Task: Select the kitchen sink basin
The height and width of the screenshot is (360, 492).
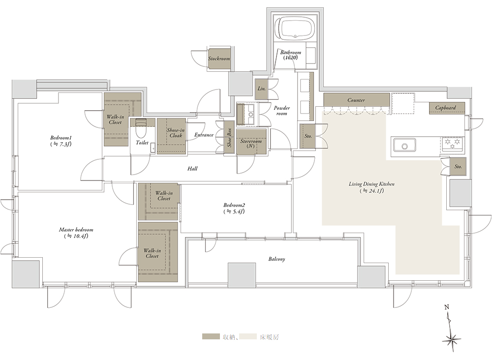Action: pos(404,146)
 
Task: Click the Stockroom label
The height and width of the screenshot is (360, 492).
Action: pos(219,59)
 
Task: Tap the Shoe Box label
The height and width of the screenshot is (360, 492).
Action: pos(229,137)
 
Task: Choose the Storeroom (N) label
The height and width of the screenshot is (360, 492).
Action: pos(251,143)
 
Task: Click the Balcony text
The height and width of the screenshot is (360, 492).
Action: pos(277,259)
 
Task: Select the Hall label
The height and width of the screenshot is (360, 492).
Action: pos(192,168)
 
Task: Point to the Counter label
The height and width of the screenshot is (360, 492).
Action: pos(356,100)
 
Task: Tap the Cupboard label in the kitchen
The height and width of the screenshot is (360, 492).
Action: pos(445,108)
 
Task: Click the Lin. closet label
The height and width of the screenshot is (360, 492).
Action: pos(261,89)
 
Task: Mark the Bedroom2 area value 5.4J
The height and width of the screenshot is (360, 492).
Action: pos(234,211)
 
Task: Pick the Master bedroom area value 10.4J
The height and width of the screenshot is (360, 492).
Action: pos(76,236)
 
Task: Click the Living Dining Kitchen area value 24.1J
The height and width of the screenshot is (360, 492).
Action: pos(372,191)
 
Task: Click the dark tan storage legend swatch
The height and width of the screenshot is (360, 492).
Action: pos(211,337)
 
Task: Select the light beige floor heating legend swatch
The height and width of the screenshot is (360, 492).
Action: pos(248,337)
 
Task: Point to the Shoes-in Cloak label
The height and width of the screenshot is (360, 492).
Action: pos(176,133)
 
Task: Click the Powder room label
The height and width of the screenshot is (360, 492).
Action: pos(282,111)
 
